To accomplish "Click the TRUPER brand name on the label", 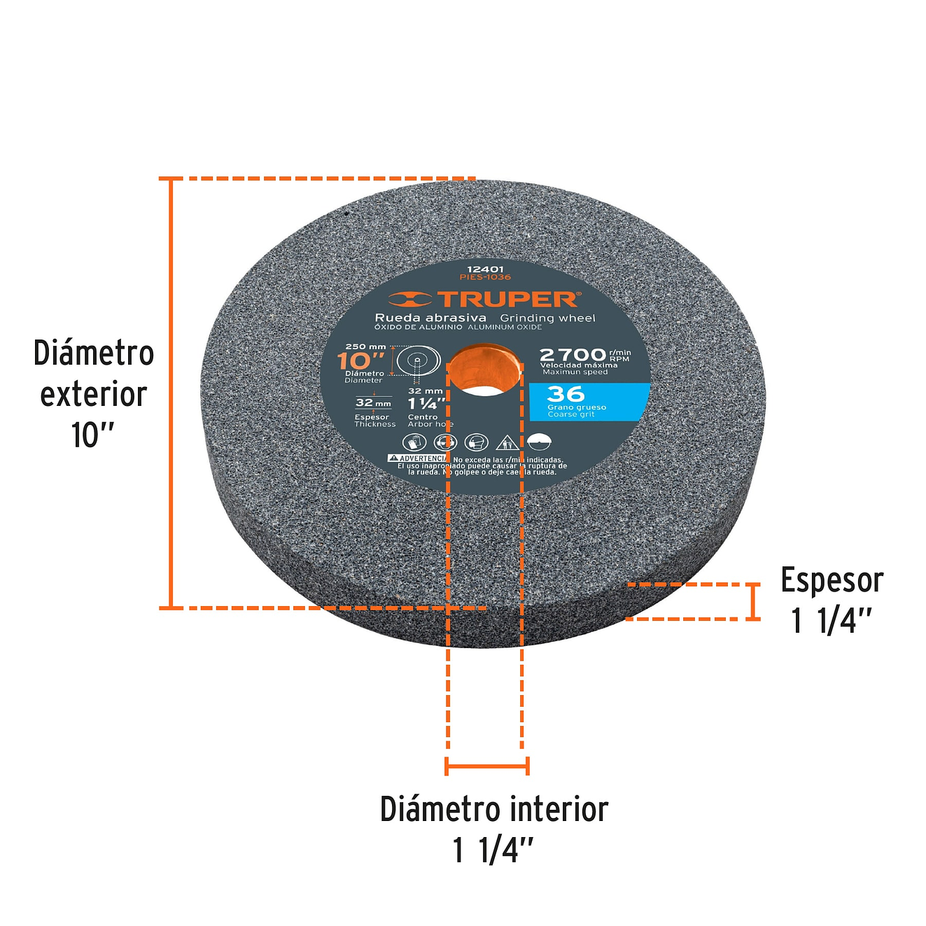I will pos(508,300).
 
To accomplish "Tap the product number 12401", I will pos(485,269).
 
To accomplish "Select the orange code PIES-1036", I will pos(485,277).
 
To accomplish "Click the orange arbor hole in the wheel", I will pos(484,370).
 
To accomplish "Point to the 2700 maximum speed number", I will pos(573,355).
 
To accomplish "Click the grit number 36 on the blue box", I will pos(565,394).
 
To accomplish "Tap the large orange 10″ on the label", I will pos(360,361).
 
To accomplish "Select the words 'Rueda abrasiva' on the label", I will pos(430,318).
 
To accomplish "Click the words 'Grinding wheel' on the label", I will pos(547,318).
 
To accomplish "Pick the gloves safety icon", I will pos(414,442).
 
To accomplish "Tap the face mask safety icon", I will pos(476,442).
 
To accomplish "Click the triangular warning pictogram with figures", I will pos(507,442).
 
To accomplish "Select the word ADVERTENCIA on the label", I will pos(422,458).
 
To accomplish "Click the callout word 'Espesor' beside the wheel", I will pos(832,580).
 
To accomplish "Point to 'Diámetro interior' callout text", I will pos(493,809).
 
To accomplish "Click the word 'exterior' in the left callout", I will pos(93,394).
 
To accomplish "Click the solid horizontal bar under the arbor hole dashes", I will pos(486,766).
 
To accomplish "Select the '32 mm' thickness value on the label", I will pos(373,402).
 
